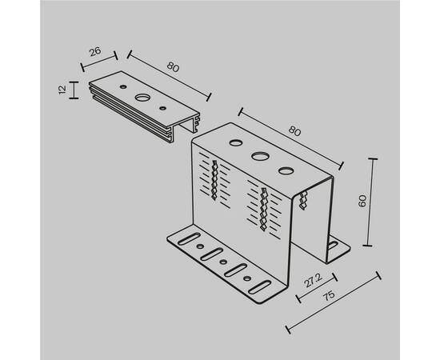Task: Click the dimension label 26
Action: tap(95, 52)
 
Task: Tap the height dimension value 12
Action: tap(62, 90)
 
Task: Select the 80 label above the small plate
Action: tap(173, 67)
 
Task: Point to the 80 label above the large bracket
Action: tap(294, 131)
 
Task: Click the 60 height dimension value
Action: tap(362, 201)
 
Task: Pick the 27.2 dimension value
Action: tap(314, 280)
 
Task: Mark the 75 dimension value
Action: tap(329, 296)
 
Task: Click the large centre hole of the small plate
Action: tap(142, 98)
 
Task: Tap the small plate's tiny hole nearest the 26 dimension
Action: tap(122, 86)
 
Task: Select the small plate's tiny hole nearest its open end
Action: tap(162, 108)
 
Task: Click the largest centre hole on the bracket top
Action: tap(260, 156)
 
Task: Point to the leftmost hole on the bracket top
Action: tap(236, 142)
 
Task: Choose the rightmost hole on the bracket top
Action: tap(286, 171)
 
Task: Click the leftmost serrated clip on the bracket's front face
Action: tap(214, 180)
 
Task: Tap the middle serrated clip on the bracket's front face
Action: tap(263, 209)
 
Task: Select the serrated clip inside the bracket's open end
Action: tap(303, 200)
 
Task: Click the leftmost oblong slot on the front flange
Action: tap(190, 238)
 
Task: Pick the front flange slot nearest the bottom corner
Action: tap(260, 287)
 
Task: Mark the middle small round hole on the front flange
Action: tap(223, 262)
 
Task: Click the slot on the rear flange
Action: tap(333, 246)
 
